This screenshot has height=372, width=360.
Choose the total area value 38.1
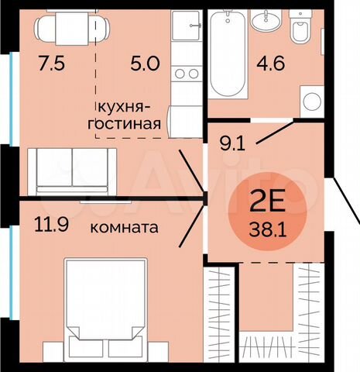(x=265, y=229)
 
